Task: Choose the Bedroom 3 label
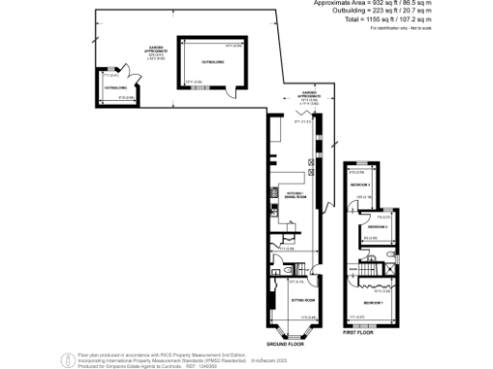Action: click(x=360, y=184)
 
